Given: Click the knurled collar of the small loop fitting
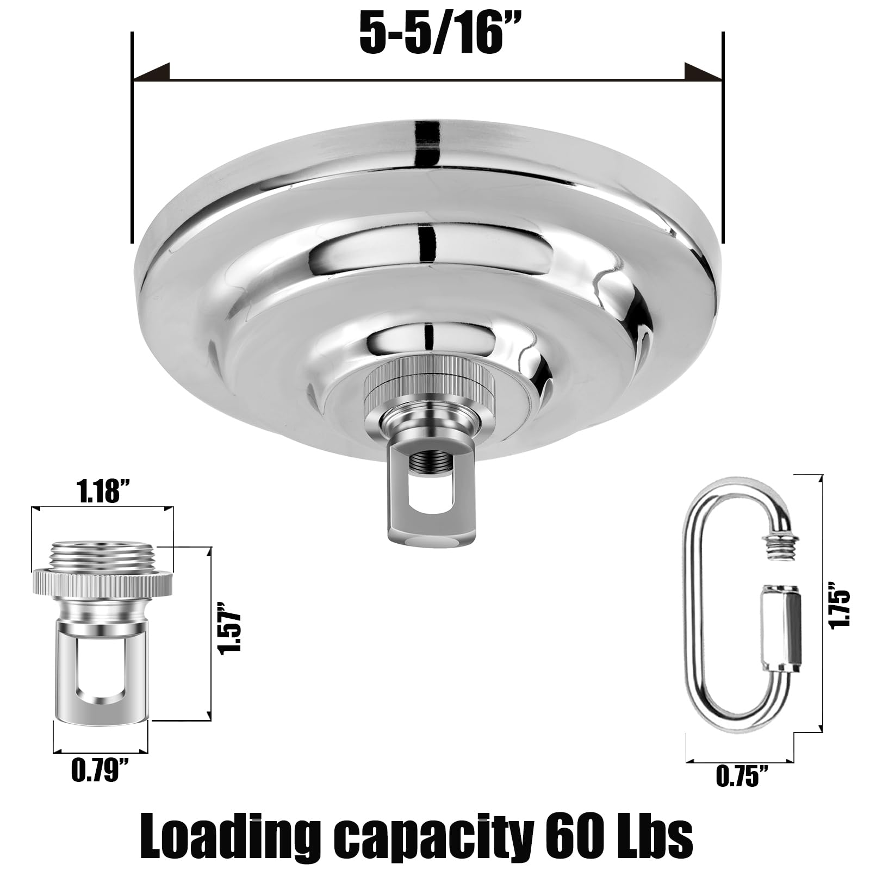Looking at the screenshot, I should click(103, 583).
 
